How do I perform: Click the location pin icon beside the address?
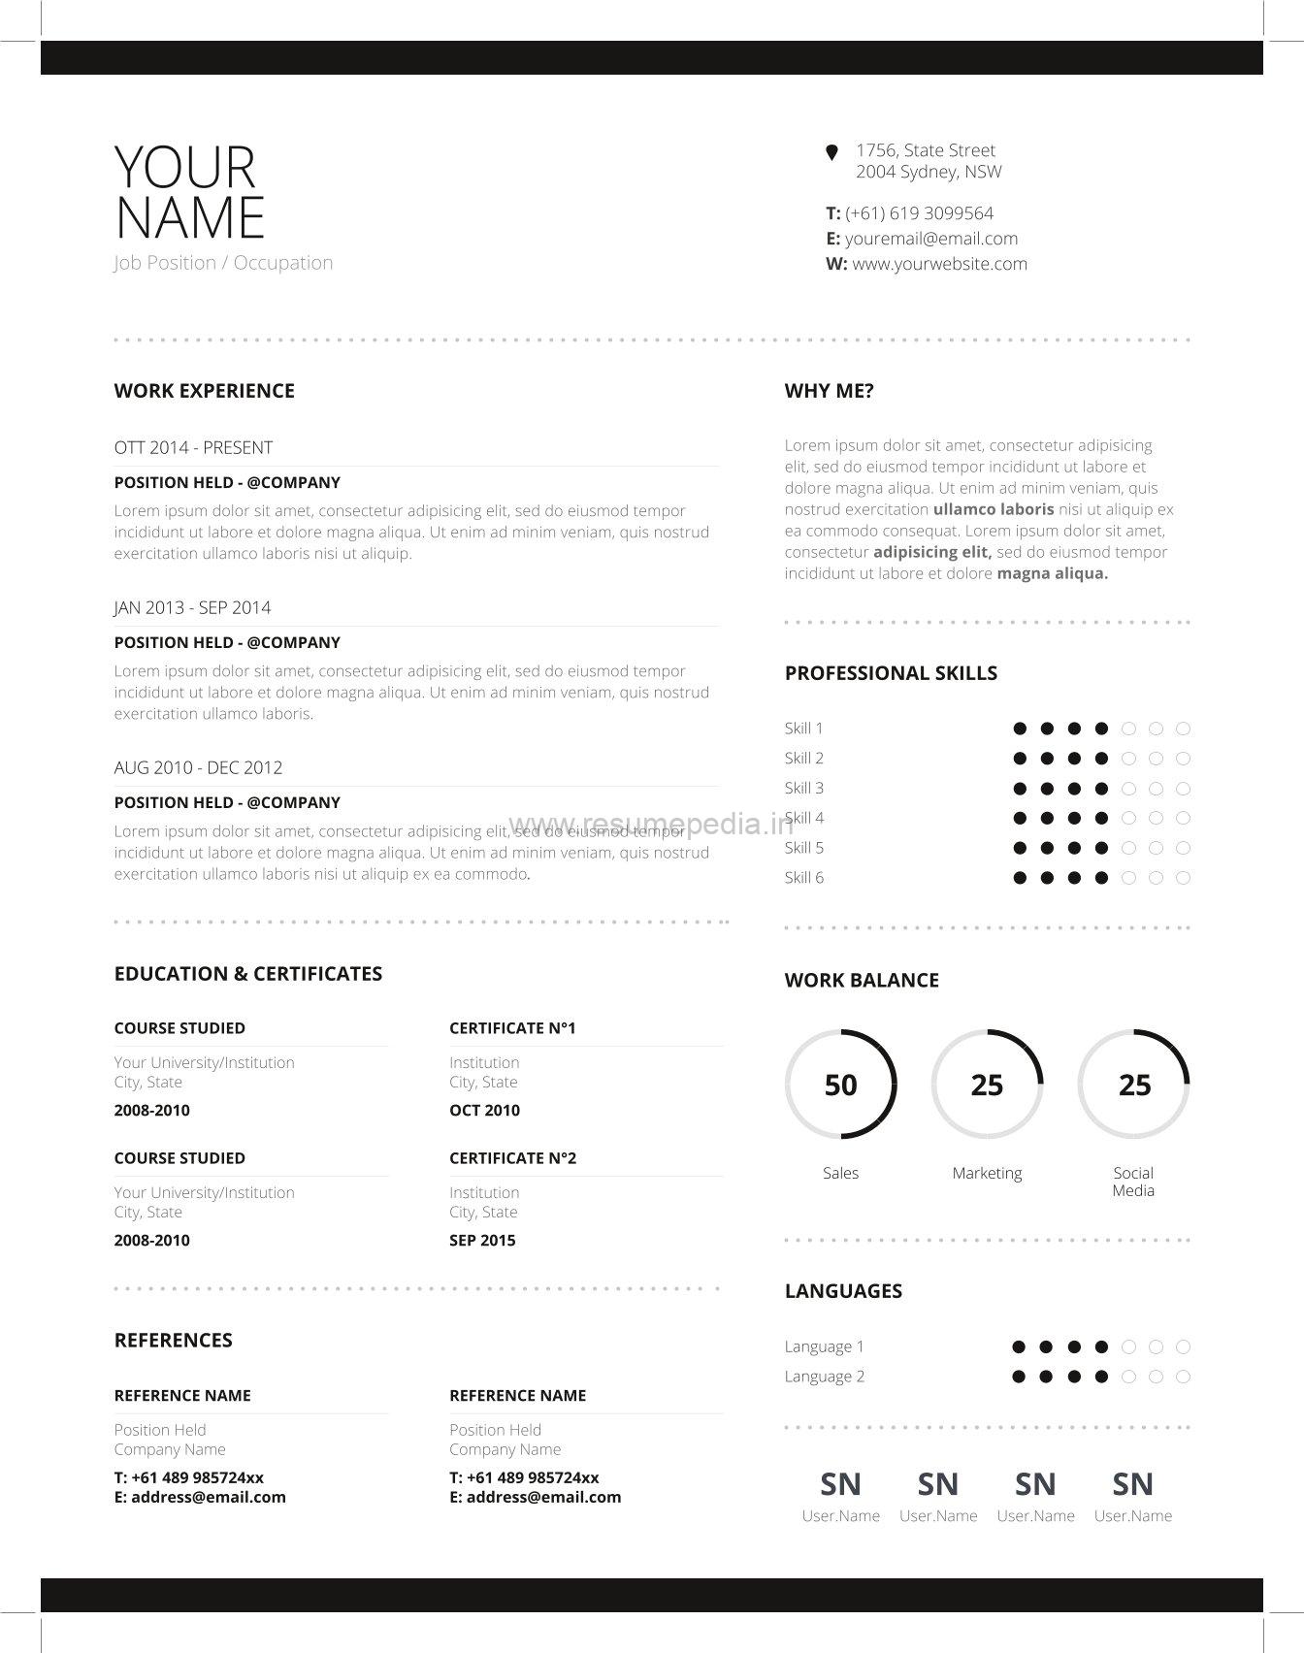(x=831, y=152)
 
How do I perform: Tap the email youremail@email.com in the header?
(x=930, y=239)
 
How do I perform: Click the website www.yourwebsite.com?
(x=939, y=264)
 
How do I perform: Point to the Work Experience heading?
(x=204, y=391)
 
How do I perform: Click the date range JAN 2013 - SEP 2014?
(x=192, y=608)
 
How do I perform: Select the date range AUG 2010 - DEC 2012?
(x=198, y=768)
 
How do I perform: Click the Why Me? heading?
(x=829, y=391)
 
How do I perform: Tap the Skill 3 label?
(x=803, y=789)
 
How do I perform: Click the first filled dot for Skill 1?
(x=1020, y=729)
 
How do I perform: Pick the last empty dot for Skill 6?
(x=1183, y=878)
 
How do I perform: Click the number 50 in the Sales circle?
(x=840, y=1085)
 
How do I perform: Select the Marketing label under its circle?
(x=987, y=1174)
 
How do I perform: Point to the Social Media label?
(x=1133, y=1182)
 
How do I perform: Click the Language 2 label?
(x=824, y=1377)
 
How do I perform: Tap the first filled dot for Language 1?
(x=1019, y=1346)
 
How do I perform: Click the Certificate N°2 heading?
(x=512, y=1158)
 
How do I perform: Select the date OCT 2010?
(x=484, y=1111)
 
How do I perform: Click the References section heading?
(x=173, y=1341)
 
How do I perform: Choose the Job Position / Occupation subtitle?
(x=223, y=263)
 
